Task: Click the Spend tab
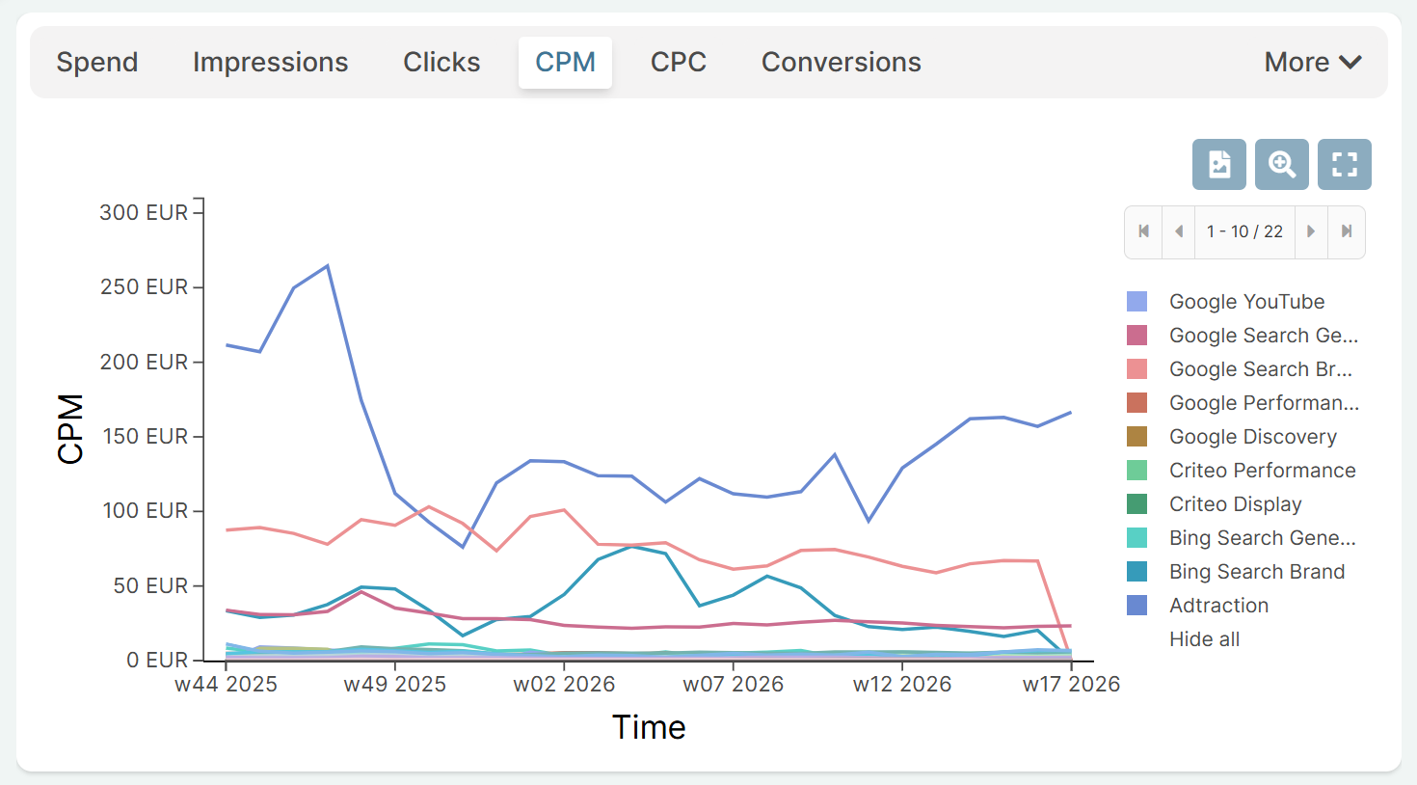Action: (97, 63)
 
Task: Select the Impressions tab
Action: (270, 63)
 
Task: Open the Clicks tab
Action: (441, 63)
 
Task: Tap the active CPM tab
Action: (565, 63)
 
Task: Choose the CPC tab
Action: (678, 63)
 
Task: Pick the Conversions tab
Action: (841, 63)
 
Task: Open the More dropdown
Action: (1312, 63)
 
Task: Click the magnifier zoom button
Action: (1281, 164)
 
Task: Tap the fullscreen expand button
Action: (1344, 164)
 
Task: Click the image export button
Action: (1218, 164)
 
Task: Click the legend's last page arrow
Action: (1347, 231)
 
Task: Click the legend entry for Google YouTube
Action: (1246, 302)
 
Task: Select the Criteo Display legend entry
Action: (1235, 504)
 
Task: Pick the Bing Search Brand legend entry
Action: (1256, 572)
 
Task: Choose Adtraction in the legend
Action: (1218, 606)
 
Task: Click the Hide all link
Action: (1204, 639)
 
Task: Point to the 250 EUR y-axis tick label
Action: (145, 287)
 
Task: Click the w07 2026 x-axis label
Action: (733, 685)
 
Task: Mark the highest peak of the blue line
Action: (328, 266)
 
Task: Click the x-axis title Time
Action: (649, 727)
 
